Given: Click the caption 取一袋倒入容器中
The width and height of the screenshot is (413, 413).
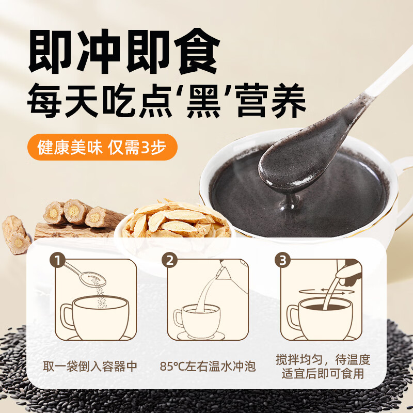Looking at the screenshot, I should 90,367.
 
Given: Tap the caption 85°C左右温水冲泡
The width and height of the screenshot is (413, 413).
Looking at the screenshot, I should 207,367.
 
